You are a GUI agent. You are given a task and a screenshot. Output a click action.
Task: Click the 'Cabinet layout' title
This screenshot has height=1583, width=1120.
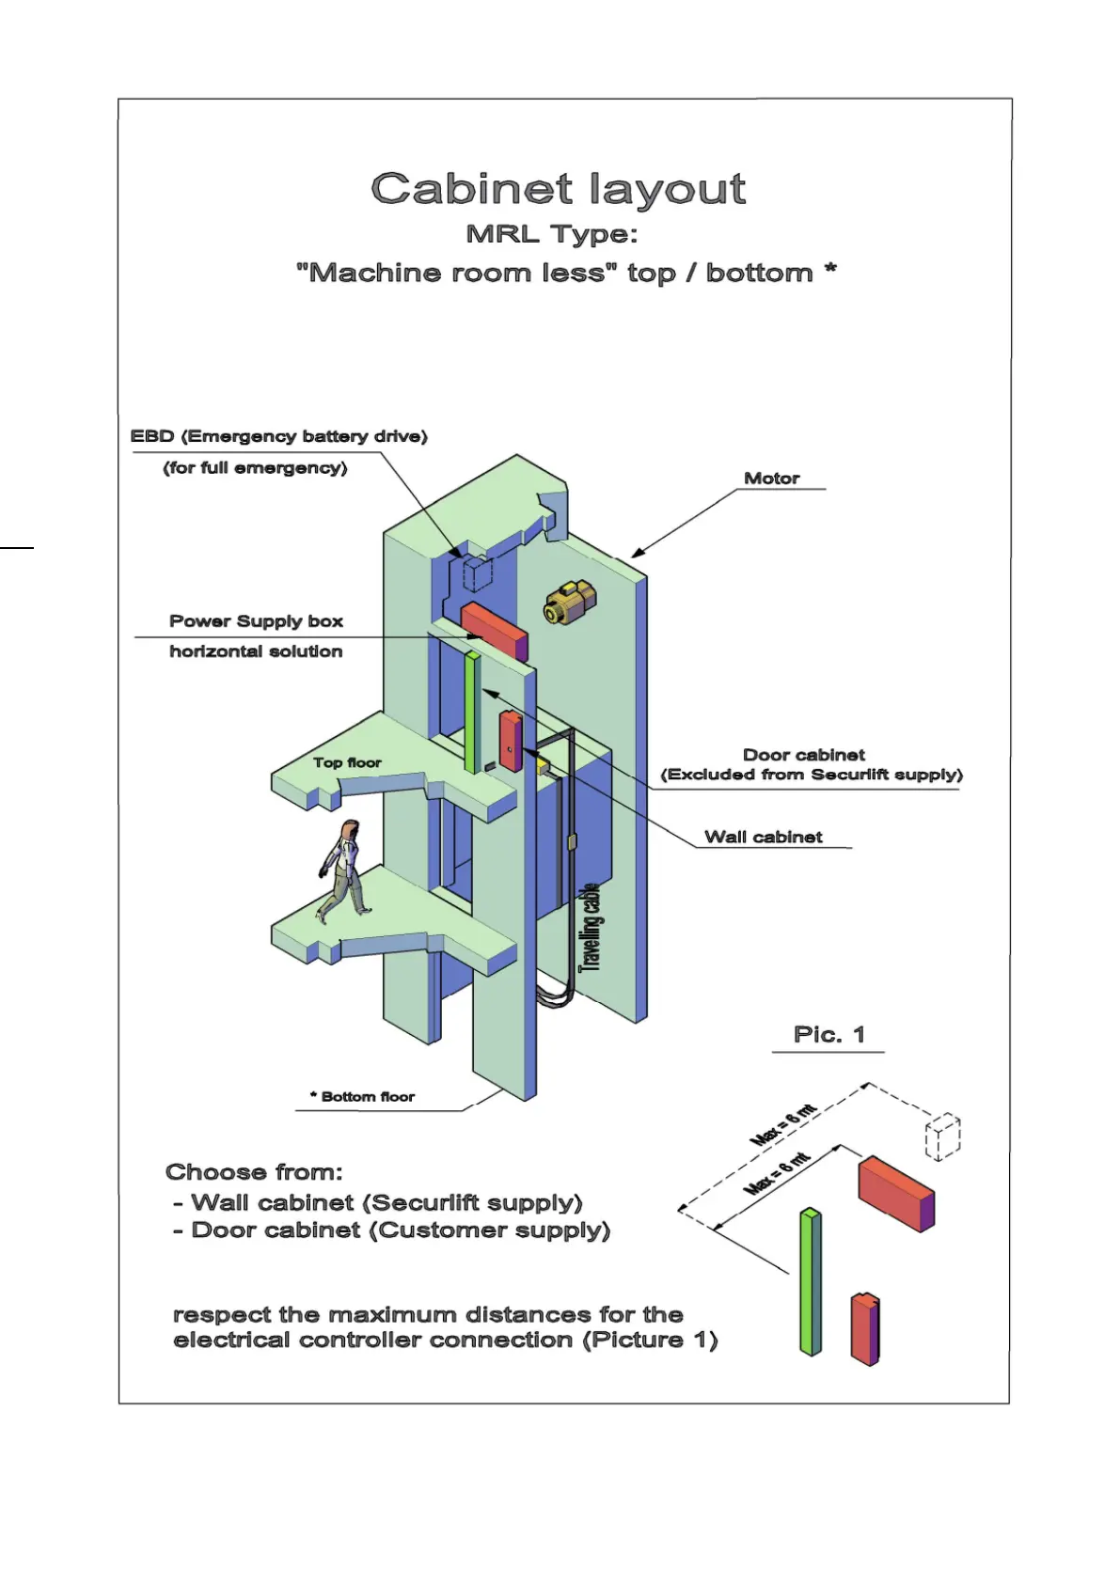click(559, 189)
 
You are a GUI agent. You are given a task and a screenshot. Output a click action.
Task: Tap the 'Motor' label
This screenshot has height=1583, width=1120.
click(771, 478)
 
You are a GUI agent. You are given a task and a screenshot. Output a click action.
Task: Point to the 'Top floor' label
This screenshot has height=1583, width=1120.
click(347, 762)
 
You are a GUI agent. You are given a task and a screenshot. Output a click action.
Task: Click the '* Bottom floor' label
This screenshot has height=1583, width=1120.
click(363, 1096)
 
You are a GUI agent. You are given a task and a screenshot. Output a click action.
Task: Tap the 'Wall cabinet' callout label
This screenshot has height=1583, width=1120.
click(763, 837)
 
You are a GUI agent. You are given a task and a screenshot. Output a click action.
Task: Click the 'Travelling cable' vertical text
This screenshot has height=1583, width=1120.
click(589, 927)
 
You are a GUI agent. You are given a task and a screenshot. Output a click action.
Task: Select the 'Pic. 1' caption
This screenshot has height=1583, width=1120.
click(828, 1034)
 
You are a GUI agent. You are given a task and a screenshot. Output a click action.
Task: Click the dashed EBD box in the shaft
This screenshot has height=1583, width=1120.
click(478, 572)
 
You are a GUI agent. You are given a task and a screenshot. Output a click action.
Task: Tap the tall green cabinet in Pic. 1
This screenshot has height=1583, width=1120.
click(810, 1282)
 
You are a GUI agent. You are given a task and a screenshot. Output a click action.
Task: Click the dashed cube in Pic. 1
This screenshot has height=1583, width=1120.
click(943, 1136)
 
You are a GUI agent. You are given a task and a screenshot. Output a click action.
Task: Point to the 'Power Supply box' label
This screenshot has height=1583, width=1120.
click(256, 620)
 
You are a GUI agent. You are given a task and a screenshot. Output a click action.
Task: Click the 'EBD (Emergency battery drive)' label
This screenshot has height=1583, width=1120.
click(278, 436)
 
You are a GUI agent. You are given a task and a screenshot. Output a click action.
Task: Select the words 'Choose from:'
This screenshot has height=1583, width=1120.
click(254, 1172)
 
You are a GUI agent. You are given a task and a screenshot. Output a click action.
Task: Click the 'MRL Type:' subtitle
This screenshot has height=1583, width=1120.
click(552, 234)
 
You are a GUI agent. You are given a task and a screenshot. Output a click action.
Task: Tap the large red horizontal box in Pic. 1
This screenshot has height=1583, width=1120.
click(895, 1193)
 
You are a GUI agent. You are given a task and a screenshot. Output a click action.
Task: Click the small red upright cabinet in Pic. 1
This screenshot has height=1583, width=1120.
click(865, 1329)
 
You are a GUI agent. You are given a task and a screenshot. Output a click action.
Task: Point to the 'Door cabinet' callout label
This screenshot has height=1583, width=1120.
click(803, 755)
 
